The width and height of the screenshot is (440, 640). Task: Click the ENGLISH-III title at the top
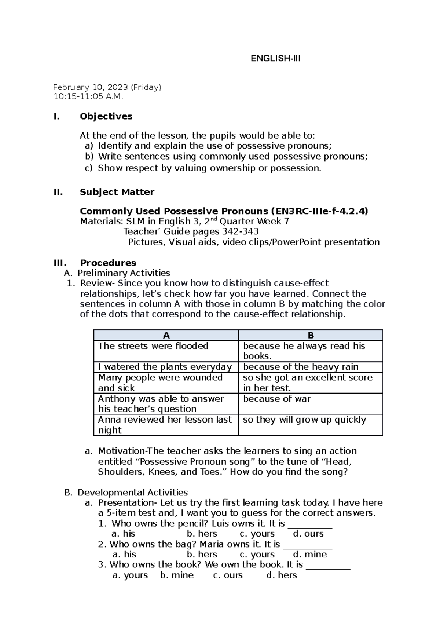(275, 59)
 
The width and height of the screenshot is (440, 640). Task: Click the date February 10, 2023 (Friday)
(107, 87)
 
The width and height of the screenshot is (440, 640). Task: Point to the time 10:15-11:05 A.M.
(88, 97)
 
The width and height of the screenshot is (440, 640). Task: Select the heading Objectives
(106, 116)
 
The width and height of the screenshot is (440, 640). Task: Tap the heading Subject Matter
(117, 192)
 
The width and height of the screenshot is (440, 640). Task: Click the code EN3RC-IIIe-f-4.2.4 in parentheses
(319, 211)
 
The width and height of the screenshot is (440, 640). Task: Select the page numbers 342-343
(241, 231)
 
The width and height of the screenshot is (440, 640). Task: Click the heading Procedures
(108, 263)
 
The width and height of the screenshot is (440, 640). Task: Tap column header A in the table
(166, 335)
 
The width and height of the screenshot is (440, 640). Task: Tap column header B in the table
(311, 335)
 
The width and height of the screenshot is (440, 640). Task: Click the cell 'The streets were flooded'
(153, 346)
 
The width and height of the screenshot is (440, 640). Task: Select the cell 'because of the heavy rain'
(301, 367)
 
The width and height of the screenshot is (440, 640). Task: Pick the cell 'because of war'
(277, 399)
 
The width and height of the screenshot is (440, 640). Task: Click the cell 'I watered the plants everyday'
(165, 367)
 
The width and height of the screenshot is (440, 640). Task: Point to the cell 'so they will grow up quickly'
(304, 420)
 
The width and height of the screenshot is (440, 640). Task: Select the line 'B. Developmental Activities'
(126, 492)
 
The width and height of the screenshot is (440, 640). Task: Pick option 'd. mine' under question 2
(310, 554)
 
